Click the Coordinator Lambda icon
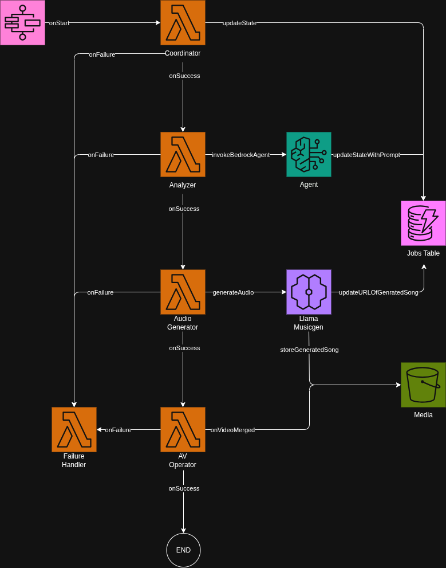pos(183,23)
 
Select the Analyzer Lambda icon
pos(183,155)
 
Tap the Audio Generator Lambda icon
pos(183,292)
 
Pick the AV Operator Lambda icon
pos(183,430)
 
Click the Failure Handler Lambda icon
pos(74,430)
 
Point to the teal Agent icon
pos(309,155)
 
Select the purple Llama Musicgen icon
pos(309,292)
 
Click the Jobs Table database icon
pos(423,224)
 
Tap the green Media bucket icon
pos(423,385)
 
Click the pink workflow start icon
pos(22,23)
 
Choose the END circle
pos(183,550)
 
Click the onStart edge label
pos(59,23)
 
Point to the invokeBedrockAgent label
pos(240,155)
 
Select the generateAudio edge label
pos(233,292)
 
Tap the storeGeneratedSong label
pos(309,350)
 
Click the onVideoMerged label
pos(232,430)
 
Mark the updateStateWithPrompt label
pos(366,155)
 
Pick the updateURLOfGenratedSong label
pos(378,292)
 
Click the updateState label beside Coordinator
pos(239,23)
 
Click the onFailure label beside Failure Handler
pos(118,430)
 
